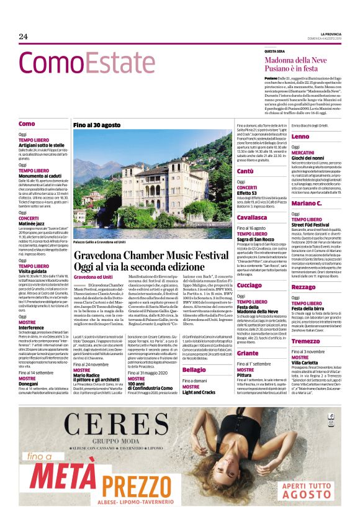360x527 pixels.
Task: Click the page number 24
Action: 24,37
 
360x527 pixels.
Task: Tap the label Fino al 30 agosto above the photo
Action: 97,125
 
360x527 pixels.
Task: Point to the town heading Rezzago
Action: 304,287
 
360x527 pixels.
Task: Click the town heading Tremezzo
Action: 305,341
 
